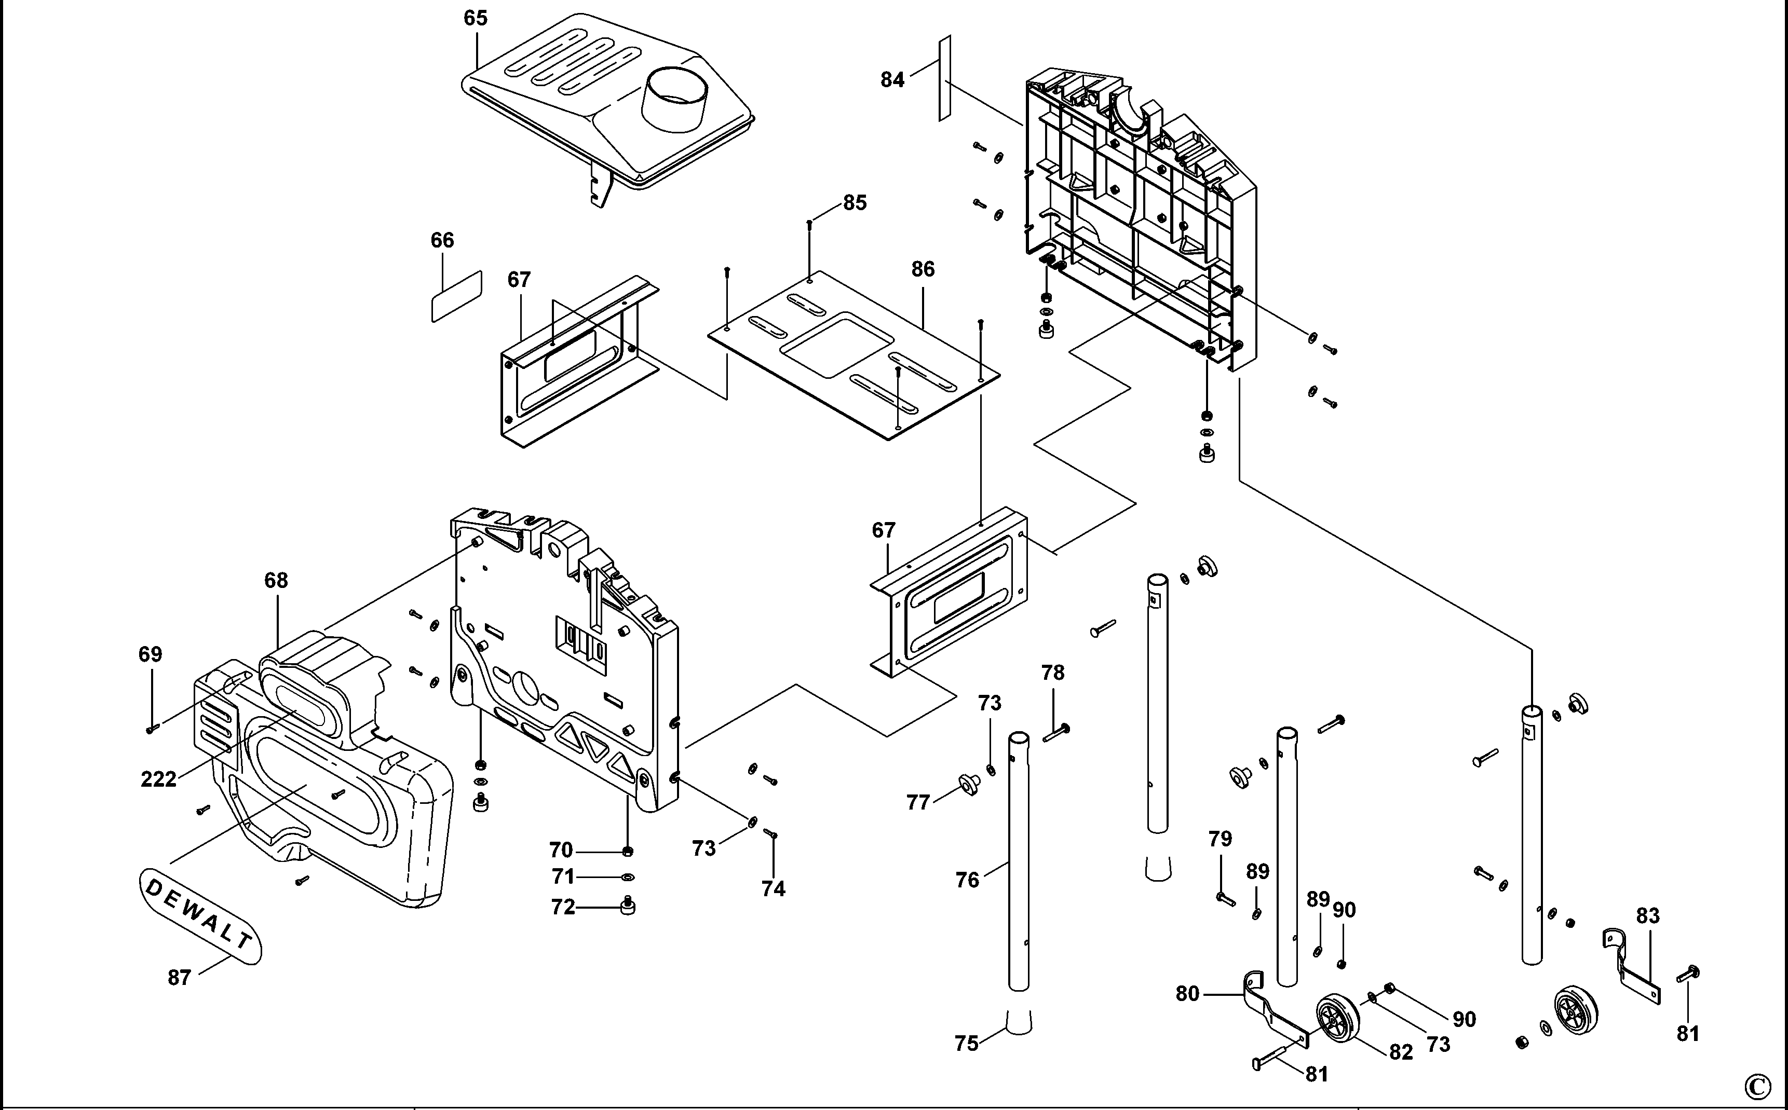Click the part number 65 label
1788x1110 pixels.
[475, 18]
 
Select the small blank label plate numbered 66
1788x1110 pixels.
[456, 296]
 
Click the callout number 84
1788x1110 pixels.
[892, 79]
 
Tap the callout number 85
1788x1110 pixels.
[855, 202]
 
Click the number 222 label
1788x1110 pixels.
[159, 779]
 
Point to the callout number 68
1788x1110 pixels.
[276, 581]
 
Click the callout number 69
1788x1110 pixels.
[151, 654]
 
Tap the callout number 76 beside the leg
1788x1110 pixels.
[967, 880]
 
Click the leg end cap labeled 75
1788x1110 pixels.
[1017, 1022]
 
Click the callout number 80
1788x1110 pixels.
[1187, 994]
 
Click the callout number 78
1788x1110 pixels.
[1052, 673]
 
